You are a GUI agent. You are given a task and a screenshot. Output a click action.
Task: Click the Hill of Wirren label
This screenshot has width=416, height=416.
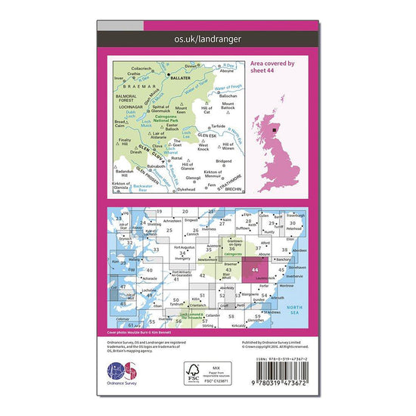tap(225, 147)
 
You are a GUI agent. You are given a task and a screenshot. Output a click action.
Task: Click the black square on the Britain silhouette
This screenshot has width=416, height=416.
tap(275, 129)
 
